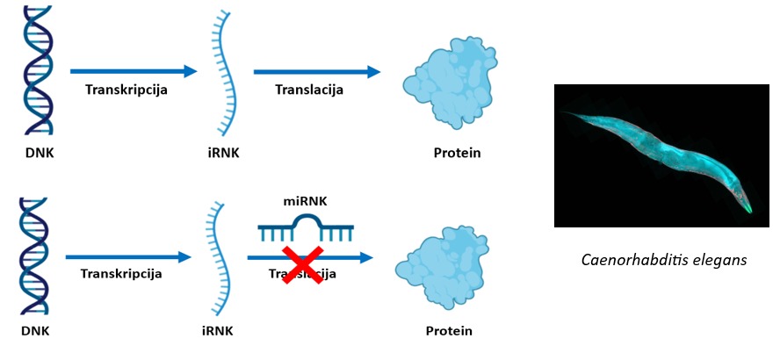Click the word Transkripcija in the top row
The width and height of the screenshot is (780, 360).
click(126, 90)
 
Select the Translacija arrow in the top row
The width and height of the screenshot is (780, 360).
click(317, 71)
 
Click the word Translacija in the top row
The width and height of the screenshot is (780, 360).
click(309, 90)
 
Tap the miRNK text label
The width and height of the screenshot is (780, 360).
click(307, 202)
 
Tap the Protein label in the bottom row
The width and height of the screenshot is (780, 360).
click(449, 331)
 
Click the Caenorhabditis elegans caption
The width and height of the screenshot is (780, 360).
click(664, 261)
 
